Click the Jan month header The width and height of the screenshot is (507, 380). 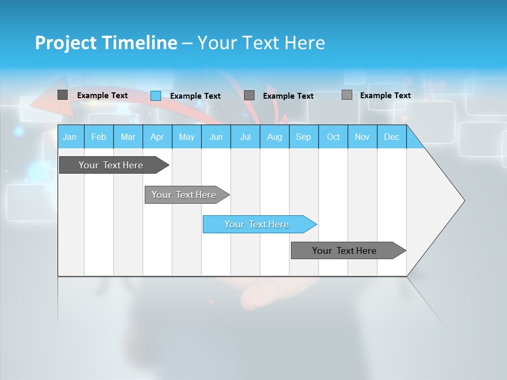70,137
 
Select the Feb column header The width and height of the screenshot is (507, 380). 99,137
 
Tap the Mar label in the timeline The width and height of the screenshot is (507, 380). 128,137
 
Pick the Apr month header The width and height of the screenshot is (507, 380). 157,137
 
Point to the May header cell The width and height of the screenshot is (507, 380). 186,137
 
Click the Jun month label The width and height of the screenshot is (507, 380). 216,137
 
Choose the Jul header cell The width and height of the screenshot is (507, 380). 245,137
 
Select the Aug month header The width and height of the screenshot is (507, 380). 275,137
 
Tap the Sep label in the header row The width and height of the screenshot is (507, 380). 304,137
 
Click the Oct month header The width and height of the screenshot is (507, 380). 333,137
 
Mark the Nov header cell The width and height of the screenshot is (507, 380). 362,137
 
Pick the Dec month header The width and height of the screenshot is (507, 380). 392,137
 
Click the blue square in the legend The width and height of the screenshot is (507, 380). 156,96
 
